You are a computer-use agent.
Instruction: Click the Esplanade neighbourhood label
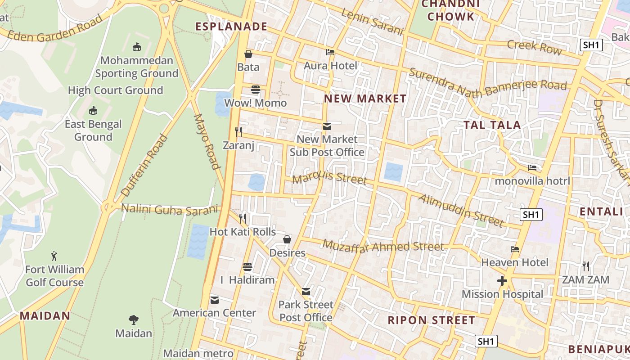tap(231, 27)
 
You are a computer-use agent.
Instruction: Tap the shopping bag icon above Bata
tap(248, 54)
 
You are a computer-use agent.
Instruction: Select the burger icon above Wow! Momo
tap(256, 90)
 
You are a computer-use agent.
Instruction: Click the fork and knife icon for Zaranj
tap(238, 131)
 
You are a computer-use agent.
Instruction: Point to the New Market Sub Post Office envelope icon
tap(327, 126)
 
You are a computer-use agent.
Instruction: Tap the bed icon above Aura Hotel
tap(330, 52)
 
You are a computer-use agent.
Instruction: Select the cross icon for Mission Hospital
tap(502, 281)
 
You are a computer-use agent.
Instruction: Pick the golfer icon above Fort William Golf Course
tap(54, 256)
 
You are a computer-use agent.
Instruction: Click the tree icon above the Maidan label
tap(133, 320)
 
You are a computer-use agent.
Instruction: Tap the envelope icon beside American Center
tap(215, 300)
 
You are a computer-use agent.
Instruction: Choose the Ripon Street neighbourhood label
tap(432, 320)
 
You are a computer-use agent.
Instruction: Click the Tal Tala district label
tap(492, 125)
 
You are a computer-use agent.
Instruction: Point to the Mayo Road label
tap(207, 141)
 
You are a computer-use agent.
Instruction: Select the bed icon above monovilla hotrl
tap(532, 168)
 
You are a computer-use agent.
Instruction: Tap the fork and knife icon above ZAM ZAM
tap(585, 266)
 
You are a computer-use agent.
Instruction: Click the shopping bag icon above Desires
tap(287, 239)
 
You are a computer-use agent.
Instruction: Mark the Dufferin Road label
tap(145, 166)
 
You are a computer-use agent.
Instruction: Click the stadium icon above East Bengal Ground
tap(93, 111)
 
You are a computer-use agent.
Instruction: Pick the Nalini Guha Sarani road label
tap(170, 209)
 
